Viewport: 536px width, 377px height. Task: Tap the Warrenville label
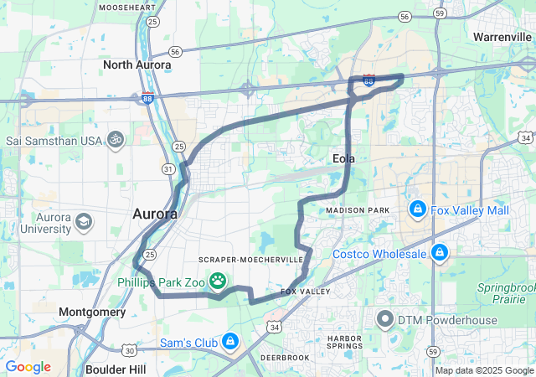(x=502, y=37)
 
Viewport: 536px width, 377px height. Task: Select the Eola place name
(x=343, y=158)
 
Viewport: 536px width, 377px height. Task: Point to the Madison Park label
(x=358, y=209)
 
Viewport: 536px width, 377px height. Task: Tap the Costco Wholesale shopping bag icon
(x=439, y=251)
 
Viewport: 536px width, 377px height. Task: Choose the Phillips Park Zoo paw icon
(x=218, y=281)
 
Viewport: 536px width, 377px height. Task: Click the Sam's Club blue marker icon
(x=229, y=342)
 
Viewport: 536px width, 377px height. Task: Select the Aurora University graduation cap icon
(x=84, y=222)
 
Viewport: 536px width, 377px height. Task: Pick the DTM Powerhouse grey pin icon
(x=385, y=319)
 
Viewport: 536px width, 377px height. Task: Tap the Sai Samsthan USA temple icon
(x=116, y=140)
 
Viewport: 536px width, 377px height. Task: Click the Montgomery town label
(x=92, y=312)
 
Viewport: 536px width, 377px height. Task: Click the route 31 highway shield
(x=169, y=169)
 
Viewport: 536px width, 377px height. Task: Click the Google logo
(x=28, y=366)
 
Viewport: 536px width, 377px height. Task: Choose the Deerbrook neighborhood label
(x=286, y=357)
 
